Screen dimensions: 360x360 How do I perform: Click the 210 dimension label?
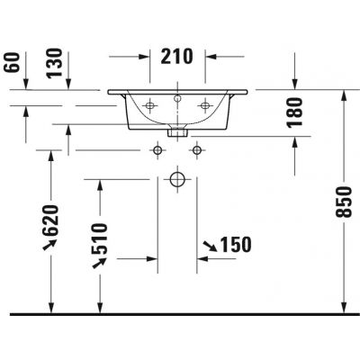[x=176, y=57]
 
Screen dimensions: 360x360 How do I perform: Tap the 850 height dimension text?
[x=344, y=202]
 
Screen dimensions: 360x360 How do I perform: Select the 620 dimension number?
[x=49, y=220]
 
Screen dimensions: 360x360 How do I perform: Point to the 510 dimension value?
[x=99, y=238]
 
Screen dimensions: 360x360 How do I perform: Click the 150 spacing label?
[x=236, y=245]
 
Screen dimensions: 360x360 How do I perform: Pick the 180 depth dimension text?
[x=294, y=112]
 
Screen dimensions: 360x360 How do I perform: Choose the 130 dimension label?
[x=55, y=63]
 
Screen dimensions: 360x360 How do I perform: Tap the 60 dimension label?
[x=12, y=62]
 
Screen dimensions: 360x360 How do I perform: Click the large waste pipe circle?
[x=177, y=179]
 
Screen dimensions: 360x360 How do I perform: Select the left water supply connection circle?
[x=157, y=149]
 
